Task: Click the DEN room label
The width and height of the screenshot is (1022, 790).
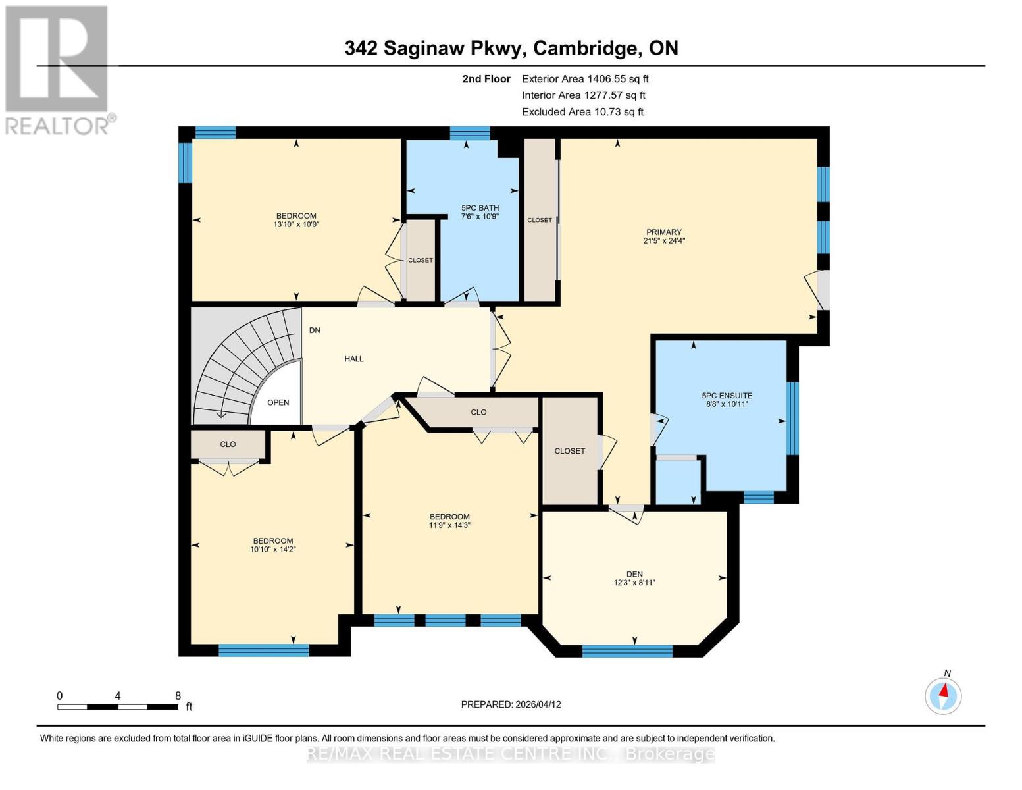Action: pyautogui.click(x=634, y=574)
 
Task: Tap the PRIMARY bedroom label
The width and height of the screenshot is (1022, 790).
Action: pyautogui.click(x=663, y=232)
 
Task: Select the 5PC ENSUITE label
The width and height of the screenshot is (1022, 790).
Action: pyautogui.click(x=727, y=396)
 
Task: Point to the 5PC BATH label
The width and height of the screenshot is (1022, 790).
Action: pyautogui.click(x=480, y=208)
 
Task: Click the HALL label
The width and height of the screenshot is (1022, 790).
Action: pyautogui.click(x=354, y=359)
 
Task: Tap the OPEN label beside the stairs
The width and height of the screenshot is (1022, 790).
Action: pyautogui.click(x=278, y=402)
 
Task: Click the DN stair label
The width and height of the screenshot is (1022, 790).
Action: pyautogui.click(x=315, y=330)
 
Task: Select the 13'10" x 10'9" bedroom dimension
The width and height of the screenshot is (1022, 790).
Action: pyautogui.click(x=296, y=224)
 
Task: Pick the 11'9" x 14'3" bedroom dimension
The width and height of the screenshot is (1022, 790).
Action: pyautogui.click(x=449, y=525)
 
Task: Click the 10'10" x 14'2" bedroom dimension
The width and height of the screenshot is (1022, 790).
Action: pyautogui.click(x=272, y=549)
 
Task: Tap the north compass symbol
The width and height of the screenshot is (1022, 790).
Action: pyautogui.click(x=943, y=695)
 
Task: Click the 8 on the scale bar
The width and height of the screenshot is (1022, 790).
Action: pyautogui.click(x=178, y=695)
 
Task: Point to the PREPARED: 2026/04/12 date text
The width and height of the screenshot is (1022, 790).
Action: pyautogui.click(x=511, y=704)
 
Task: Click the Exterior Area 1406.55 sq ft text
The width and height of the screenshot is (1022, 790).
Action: pyautogui.click(x=585, y=78)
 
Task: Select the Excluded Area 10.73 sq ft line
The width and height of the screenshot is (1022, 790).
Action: pyautogui.click(x=582, y=112)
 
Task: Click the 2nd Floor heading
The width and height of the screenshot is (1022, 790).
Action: pyautogui.click(x=486, y=78)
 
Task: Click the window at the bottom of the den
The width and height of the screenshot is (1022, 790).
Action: pyautogui.click(x=627, y=651)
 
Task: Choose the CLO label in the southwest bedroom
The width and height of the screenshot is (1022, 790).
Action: pyautogui.click(x=228, y=444)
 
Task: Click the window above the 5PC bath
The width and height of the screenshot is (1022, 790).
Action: pyautogui.click(x=470, y=132)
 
